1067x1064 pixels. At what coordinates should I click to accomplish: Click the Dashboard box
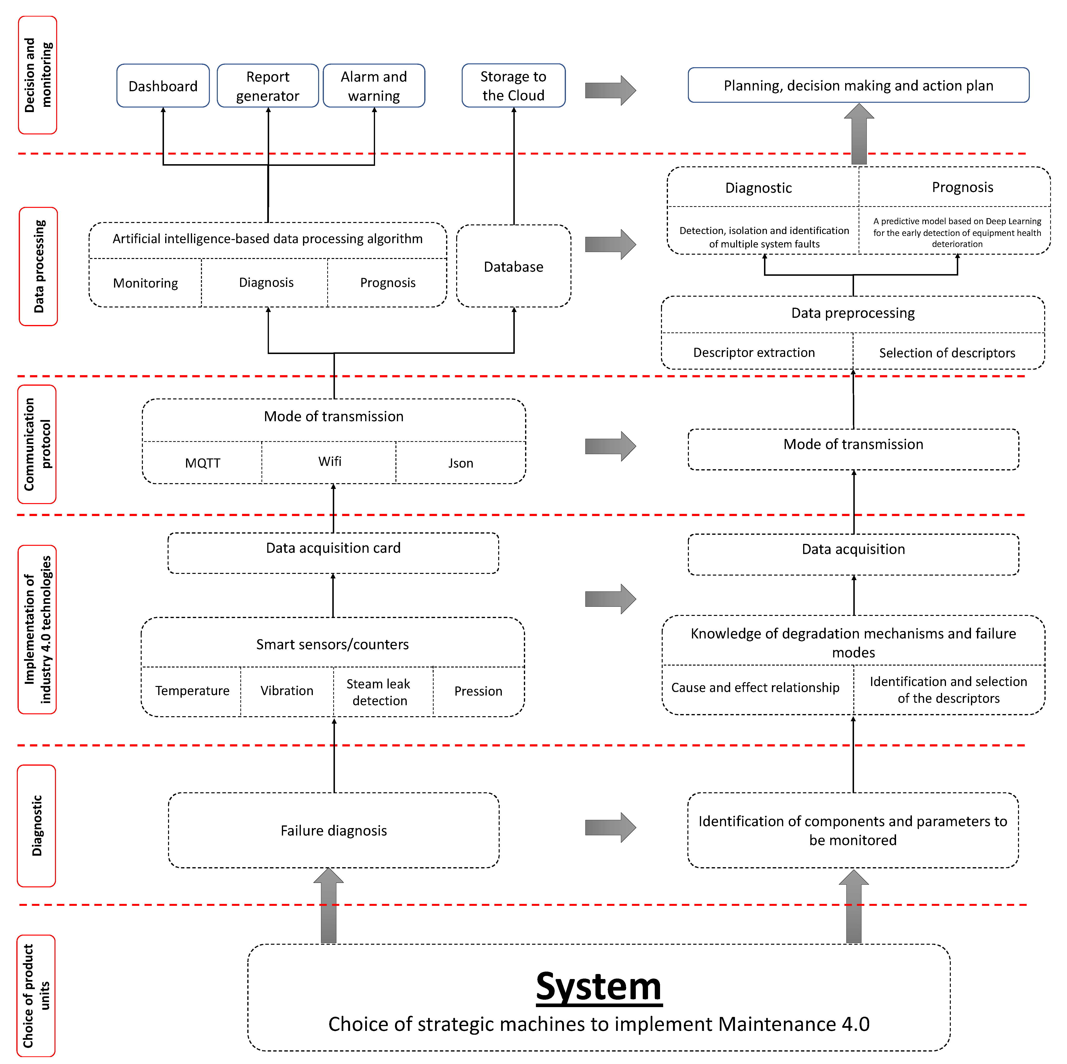(x=163, y=86)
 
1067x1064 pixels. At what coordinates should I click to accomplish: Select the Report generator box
(x=268, y=86)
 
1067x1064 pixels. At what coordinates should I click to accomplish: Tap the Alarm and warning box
(x=374, y=86)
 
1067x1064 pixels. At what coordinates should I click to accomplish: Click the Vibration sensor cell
(x=287, y=691)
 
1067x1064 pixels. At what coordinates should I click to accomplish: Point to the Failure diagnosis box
(x=333, y=830)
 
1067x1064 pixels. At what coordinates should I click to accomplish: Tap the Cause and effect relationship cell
(x=755, y=687)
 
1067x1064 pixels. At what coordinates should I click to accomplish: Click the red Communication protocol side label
(x=37, y=445)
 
